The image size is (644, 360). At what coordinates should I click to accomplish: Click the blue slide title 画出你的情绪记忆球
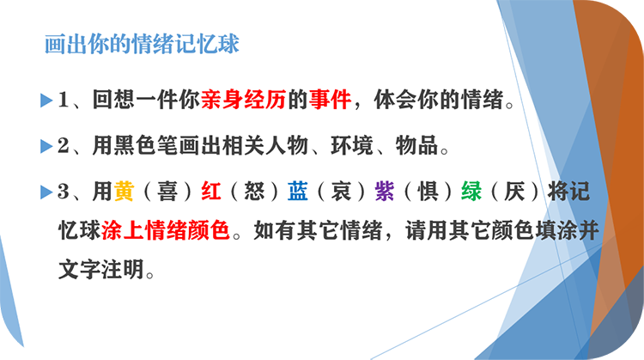point(142,44)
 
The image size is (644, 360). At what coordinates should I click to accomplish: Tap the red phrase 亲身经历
point(243,100)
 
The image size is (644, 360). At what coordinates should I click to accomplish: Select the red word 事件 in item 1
point(330,100)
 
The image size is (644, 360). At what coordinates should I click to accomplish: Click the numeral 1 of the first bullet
point(64,100)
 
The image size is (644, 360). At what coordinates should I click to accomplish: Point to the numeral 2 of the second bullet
point(64,145)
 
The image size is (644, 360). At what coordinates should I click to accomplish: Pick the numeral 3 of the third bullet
point(64,192)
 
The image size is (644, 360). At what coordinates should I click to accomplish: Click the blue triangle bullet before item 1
point(46,101)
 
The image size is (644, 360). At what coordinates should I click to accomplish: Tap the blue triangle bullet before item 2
point(46,146)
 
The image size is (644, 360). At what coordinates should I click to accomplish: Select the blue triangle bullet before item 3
point(46,192)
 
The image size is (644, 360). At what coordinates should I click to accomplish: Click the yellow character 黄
point(124,191)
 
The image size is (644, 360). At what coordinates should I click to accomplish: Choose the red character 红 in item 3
point(211,191)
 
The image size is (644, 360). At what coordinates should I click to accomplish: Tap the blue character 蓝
point(298,191)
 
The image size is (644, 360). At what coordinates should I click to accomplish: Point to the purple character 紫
point(385,191)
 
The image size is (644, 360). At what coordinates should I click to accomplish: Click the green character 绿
point(471,191)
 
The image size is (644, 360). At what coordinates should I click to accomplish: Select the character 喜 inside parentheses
point(167,192)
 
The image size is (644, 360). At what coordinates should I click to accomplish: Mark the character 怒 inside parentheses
point(254,192)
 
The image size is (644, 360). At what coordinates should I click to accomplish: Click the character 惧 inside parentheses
point(428,192)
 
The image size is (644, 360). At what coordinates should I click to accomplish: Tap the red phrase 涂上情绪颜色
point(165,230)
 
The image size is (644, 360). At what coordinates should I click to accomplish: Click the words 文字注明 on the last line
point(101,269)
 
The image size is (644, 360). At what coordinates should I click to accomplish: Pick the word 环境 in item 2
point(352,145)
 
